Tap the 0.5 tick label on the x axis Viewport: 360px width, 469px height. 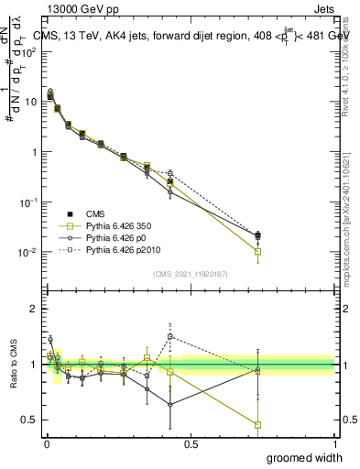[191, 444]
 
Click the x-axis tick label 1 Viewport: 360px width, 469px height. [334, 444]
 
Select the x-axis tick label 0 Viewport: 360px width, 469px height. [47, 444]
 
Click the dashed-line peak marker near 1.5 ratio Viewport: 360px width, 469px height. [170, 336]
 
